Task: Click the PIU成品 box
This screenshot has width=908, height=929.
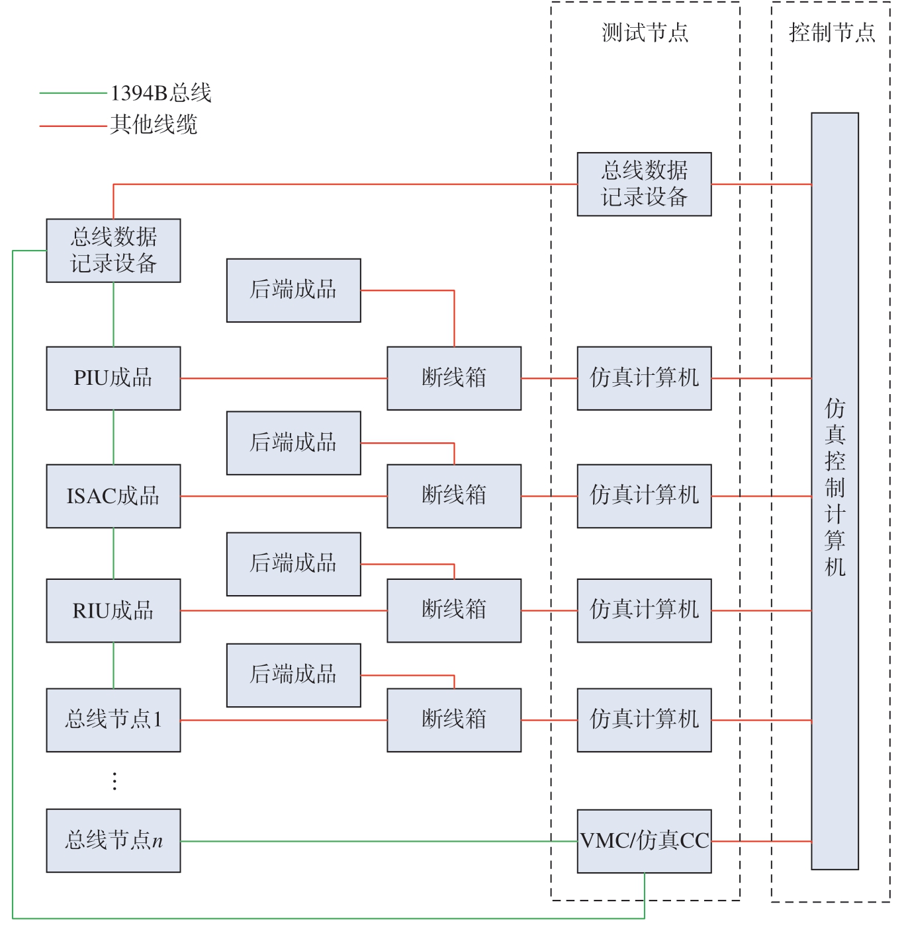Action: click(113, 378)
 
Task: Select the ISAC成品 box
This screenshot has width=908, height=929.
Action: click(113, 496)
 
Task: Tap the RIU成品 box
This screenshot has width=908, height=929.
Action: click(113, 610)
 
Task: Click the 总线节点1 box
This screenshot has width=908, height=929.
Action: click(113, 720)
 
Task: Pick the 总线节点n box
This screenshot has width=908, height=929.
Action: click(113, 840)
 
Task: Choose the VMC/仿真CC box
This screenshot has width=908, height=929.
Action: click(644, 841)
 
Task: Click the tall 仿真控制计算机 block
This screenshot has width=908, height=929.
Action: click(835, 491)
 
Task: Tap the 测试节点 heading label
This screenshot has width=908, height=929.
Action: click(645, 33)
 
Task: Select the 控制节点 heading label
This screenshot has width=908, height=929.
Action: click(832, 33)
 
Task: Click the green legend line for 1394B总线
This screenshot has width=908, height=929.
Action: click(73, 93)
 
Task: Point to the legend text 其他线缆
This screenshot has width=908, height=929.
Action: click(154, 124)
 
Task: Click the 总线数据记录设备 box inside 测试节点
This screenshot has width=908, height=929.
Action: click(644, 184)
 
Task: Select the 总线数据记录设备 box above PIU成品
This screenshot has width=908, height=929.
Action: click(113, 251)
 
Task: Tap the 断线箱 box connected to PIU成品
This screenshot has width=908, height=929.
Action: click(454, 378)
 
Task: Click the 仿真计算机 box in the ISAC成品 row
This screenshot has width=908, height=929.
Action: click(644, 496)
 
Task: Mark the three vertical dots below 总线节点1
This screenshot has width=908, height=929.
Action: click(114, 781)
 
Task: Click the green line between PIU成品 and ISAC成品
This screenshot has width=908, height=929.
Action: click(113, 437)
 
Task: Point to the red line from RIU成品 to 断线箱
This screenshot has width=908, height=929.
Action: click(284, 610)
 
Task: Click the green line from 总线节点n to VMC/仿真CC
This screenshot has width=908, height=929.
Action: click(379, 841)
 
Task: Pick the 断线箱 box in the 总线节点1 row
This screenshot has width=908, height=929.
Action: click(454, 720)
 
